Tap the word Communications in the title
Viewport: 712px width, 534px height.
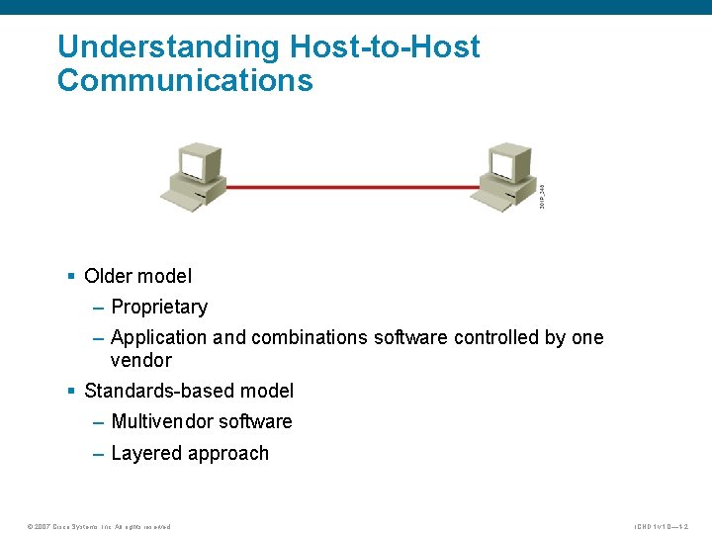click(185, 80)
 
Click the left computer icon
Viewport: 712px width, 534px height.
click(194, 175)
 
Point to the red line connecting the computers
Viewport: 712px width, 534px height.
click(351, 186)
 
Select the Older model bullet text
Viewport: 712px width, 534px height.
click(137, 276)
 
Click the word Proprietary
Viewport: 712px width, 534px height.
click(159, 307)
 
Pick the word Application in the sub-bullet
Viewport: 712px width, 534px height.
click(159, 337)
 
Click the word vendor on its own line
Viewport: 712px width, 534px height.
click(140, 360)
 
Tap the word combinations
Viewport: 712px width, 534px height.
click(310, 337)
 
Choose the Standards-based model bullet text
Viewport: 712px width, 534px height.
click(189, 391)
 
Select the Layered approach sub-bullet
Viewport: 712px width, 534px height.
click(190, 453)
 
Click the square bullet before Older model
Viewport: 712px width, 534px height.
click(71, 277)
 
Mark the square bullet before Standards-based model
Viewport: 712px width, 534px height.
click(71, 392)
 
